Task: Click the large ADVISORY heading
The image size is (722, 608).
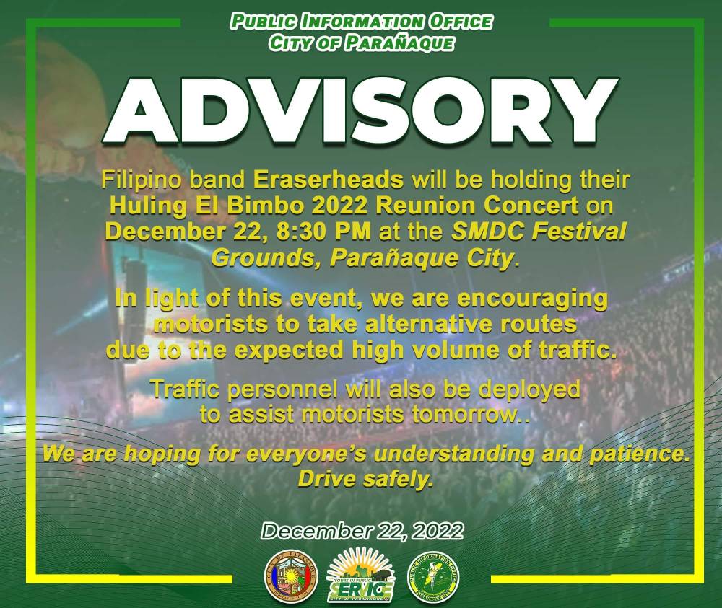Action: click(362, 111)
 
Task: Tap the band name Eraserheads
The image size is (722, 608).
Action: click(329, 180)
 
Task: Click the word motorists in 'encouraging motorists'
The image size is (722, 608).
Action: click(210, 325)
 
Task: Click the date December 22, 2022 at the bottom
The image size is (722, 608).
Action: click(362, 532)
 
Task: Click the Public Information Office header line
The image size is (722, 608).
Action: click(362, 22)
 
